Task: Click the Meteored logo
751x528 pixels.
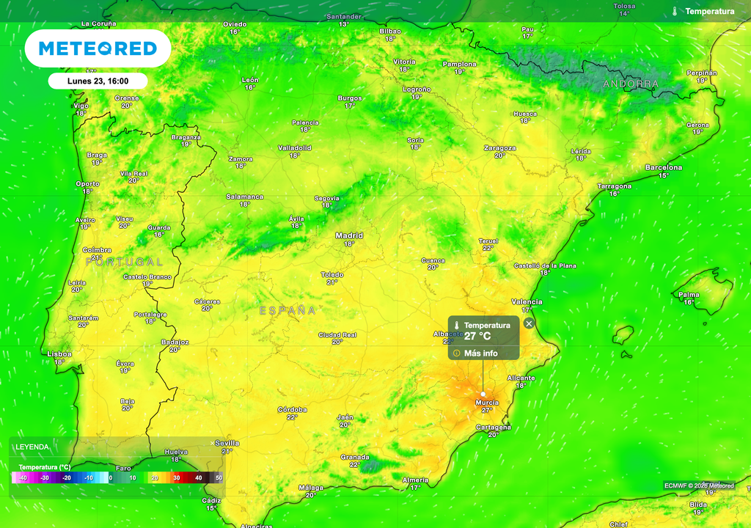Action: coord(98,48)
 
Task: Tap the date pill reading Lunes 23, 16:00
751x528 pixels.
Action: coord(98,81)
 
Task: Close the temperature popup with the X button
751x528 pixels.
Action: coord(530,323)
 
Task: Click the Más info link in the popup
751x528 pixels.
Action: coord(480,353)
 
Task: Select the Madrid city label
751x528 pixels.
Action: coord(349,235)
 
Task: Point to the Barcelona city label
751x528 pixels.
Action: coord(663,167)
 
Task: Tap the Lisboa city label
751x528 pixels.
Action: coord(59,353)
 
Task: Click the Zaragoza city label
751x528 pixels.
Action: coord(499,147)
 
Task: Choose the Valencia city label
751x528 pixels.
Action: coord(527,301)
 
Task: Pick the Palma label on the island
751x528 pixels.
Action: coord(689,294)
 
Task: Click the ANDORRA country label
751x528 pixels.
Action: coord(631,84)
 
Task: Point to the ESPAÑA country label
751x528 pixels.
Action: coord(287,311)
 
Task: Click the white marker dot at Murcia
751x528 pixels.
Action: coord(483,395)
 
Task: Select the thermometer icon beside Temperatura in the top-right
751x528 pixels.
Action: coord(674,11)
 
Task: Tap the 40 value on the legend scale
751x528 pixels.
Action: coord(198,478)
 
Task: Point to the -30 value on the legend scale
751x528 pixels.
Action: coord(45,478)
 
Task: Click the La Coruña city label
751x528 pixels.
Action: coord(98,23)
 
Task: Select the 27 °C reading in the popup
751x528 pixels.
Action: coord(477,337)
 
